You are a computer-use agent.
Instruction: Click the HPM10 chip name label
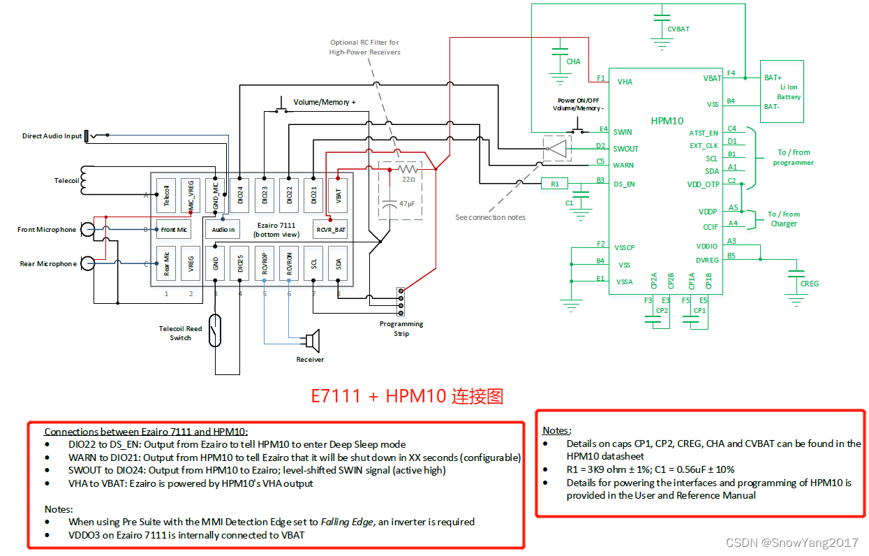click(667, 120)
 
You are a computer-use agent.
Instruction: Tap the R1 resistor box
click(555, 184)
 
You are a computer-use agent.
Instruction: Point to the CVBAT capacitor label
click(678, 29)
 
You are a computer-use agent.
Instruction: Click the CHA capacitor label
click(573, 61)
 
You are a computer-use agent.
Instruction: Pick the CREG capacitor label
click(810, 284)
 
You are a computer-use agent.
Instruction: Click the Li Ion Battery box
click(781, 92)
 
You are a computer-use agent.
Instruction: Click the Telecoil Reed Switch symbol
click(216, 330)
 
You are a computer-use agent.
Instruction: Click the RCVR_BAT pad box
click(331, 229)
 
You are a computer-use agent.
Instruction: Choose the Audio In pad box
click(223, 229)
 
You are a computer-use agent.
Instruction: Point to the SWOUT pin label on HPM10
click(626, 149)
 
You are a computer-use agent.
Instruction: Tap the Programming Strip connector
click(401, 301)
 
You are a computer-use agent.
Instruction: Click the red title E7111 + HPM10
click(407, 396)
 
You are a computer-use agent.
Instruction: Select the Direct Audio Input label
click(52, 136)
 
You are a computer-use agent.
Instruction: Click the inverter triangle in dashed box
click(557, 148)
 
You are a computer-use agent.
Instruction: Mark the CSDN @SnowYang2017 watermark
click(792, 543)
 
